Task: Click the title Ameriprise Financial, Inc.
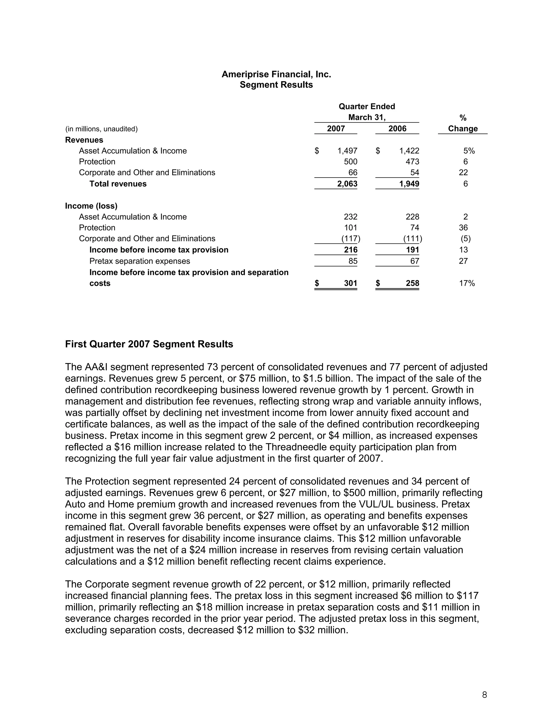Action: (276, 74)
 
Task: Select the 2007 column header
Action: (336, 129)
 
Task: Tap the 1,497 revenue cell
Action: (347, 151)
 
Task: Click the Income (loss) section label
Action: (91, 206)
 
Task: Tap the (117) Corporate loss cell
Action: (350, 239)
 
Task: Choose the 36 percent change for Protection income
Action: (463, 227)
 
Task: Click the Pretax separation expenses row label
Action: (140, 261)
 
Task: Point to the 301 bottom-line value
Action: (350, 283)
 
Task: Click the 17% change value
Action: (467, 283)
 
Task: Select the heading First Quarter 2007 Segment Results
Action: (149, 344)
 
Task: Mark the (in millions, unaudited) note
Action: (101, 129)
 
